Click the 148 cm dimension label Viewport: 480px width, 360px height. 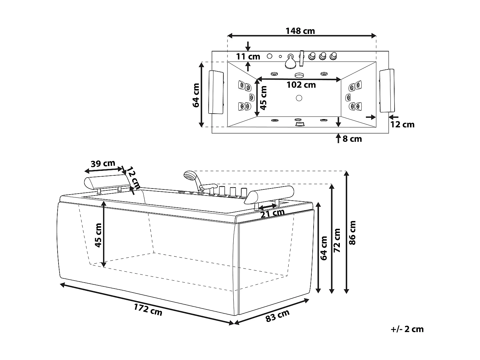pyautogui.click(x=300, y=31)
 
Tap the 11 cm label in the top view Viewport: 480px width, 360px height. pyautogui.click(x=248, y=57)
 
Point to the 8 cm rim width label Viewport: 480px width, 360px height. pyautogui.click(x=352, y=139)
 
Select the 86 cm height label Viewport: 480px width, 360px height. pyautogui.click(x=352, y=233)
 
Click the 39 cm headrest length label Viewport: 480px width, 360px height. pyautogui.click(x=103, y=164)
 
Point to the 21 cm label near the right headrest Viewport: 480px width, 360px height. pyautogui.click(x=272, y=213)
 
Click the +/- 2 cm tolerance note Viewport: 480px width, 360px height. pyautogui.click(x=407, y=329)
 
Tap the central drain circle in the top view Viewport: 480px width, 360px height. pyautogui.click(x=299, y=98)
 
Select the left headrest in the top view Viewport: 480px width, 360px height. pyautogui.click(x=216, y=92)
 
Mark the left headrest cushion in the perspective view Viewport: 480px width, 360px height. pyautogui.click(x=106, y=181)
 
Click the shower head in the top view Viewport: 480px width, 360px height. pyautogui.click(x=291, y=61)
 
